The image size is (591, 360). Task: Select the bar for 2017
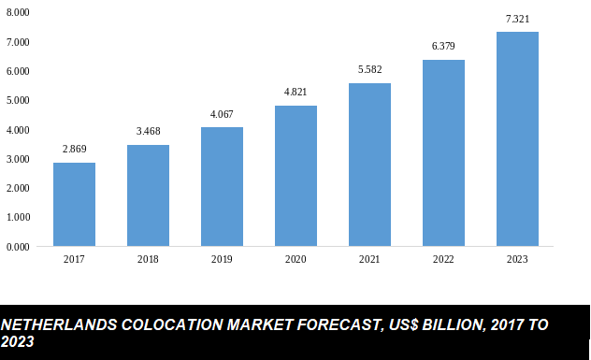[x=74, y=205]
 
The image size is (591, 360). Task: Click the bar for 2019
[x=222, y=187]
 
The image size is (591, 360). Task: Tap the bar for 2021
[x=369, y=165]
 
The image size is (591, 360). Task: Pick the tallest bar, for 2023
[x=517, y=139]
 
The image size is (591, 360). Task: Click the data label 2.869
[x=74, y=150]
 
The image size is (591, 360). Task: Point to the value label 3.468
[x=148, y=132]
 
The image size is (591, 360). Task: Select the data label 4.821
[x=295, y=92]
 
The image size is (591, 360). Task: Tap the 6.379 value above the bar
[x=443, y=46]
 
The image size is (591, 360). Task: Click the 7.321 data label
[x=517, y=19]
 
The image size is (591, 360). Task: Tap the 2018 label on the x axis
[x=148, y=260]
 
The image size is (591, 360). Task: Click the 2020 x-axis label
[x=295, y=260]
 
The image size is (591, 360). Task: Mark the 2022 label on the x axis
[x=443, y=260]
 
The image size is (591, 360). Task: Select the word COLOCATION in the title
[x=166, y=325]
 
